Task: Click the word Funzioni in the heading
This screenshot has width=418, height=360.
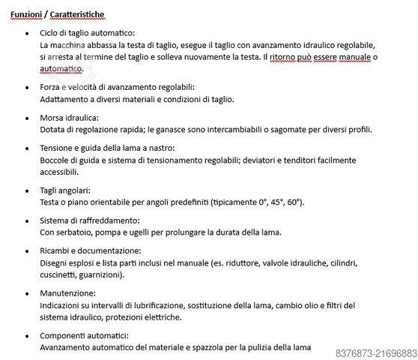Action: pos(26,14)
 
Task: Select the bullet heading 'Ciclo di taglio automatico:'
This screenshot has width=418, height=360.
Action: pos(87,34)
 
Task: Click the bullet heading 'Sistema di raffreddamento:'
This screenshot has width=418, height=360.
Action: pos(89,221)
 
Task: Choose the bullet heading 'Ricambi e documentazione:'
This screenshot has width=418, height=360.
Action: pos(90,250)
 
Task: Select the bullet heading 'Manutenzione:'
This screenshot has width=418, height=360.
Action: pos(67,293)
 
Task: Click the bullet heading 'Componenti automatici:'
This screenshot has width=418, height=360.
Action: pos(85,335)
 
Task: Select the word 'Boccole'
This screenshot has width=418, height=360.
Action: pos(55,160)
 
